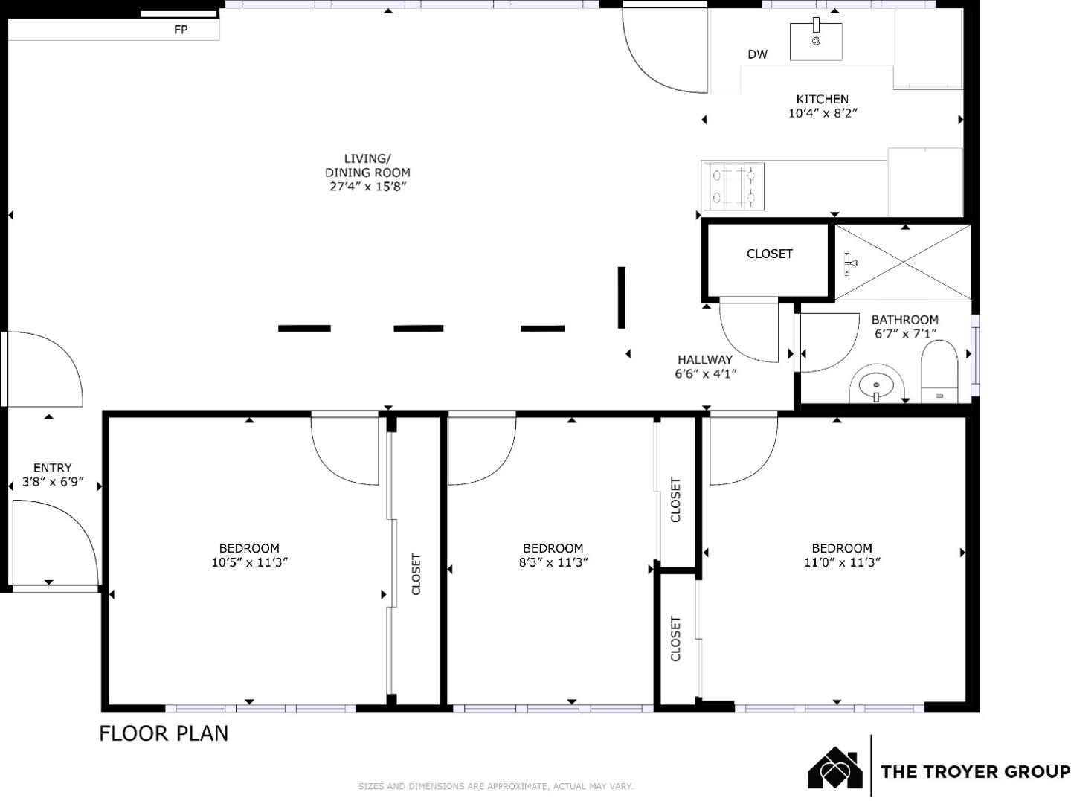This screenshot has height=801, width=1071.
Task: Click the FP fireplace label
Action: click(181, 30)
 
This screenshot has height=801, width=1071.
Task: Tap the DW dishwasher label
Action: click(757, 54)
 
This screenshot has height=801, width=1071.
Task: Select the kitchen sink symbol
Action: click(816, 41)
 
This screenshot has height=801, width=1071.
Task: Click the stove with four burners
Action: click(733, 185)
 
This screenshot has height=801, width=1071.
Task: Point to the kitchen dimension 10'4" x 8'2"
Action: click(823, 113)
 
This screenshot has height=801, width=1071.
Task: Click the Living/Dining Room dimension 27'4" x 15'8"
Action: click(367, 186)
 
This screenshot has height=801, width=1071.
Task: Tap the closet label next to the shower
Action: click(769, 254)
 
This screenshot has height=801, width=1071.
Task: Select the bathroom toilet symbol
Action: click(939, 372)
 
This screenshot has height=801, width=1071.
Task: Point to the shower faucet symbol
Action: click(850, 263)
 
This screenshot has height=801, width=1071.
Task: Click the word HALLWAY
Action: click(704, 360)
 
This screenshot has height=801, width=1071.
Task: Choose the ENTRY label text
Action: click(52, 468)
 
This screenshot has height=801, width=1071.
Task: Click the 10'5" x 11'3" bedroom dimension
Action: click(249, 562)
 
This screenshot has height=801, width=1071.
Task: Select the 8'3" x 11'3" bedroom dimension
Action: click(553, 562)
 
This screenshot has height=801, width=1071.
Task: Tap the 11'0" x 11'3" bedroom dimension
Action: click(842, 562)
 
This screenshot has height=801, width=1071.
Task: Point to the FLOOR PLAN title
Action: click(164, 733)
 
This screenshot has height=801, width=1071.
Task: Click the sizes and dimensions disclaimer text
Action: click(495, 786)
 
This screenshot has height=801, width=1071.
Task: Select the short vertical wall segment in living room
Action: click(621, 297)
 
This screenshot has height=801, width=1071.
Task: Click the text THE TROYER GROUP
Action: click(974, 771)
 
